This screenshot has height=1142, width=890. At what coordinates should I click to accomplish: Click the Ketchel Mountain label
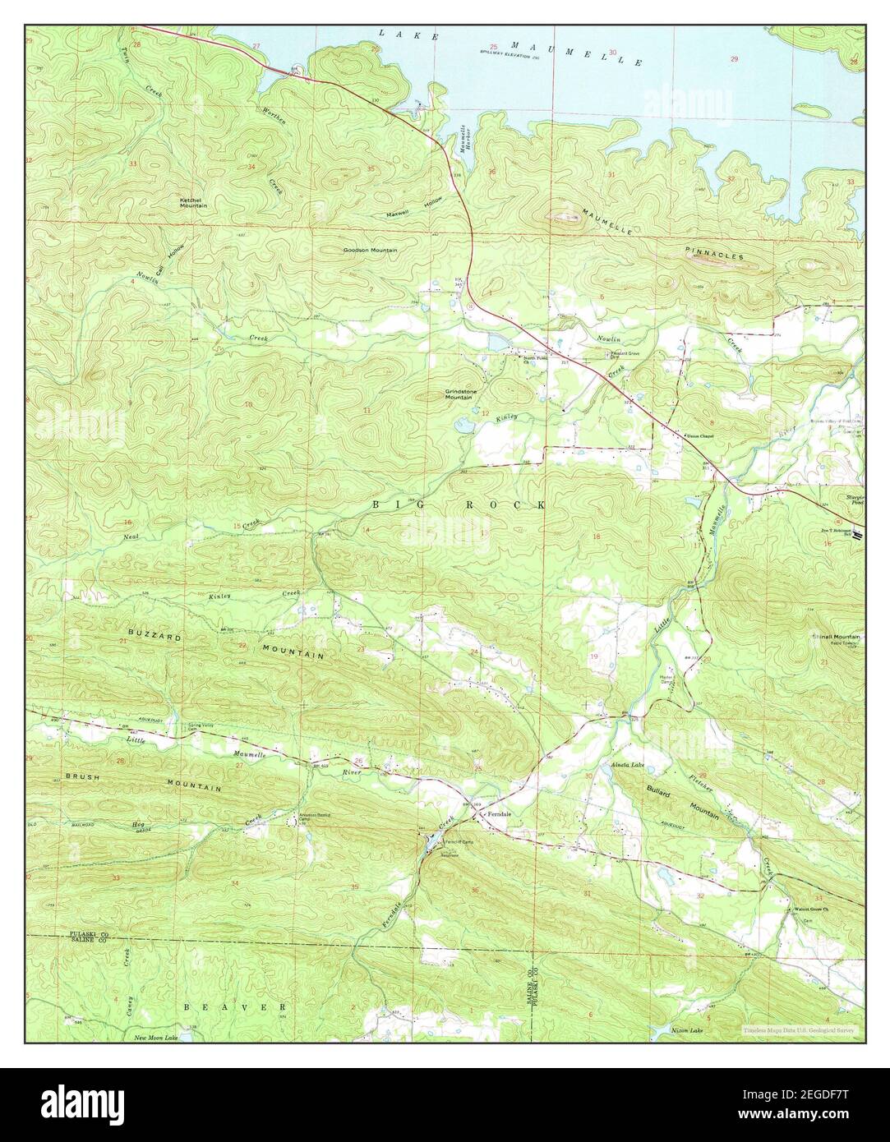click(x=194, y=201)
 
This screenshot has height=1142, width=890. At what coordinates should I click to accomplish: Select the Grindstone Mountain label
click(x=459, y=394)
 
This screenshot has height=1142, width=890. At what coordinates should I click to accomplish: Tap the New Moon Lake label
click(x=156, y=1038)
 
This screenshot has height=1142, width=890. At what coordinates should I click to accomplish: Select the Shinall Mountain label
click(x=836, y=637)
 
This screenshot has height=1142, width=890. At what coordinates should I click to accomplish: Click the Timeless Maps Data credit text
click(x=798, y=1029)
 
